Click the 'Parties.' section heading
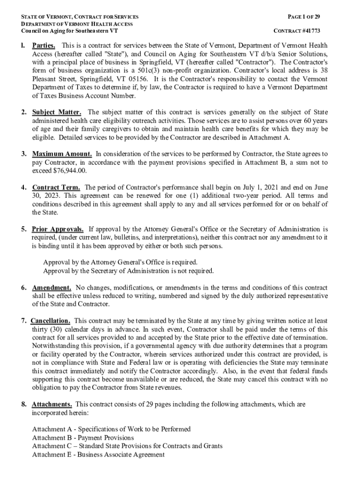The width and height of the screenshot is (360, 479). coord(44,46)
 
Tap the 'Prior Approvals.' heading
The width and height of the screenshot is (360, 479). coord(58,229)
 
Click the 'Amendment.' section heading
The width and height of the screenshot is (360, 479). coord(51,287)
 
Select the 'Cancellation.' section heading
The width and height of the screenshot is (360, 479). coord(50,321)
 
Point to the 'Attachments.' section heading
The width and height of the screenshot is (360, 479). coord(51,404)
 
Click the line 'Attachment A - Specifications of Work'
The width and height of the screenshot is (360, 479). coord(111,429)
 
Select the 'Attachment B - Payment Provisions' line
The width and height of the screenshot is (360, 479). coord(83,437)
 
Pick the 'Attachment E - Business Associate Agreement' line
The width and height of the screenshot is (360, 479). coord(98,454)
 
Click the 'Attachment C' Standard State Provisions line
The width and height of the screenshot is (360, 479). coord(127,446)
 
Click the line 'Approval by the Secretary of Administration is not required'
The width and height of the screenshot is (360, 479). coord(128,271)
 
